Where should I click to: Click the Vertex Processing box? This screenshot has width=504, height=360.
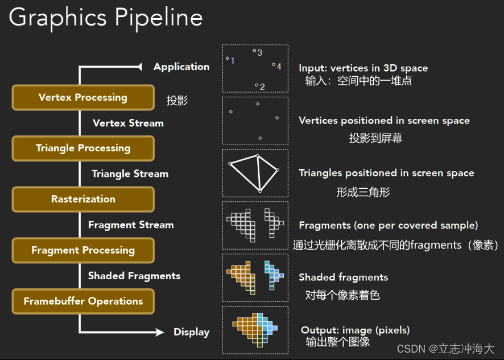(x=83, y=97)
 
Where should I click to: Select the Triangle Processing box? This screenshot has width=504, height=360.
(x=83, y=148)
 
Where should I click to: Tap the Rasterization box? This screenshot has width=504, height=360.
(x=83, y=199)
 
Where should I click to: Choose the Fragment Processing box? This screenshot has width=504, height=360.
(x=83, y=250)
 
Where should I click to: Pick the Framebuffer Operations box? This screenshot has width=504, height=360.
(x=83, y=301)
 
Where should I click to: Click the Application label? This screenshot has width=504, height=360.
(x=181, y=67)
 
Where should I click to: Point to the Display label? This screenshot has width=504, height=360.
(x=191, y=332)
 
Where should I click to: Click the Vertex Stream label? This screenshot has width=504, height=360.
(x=128, y=123)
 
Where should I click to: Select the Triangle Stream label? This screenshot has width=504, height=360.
(x=130, y=174)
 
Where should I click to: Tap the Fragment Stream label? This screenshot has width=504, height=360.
(x=131, y=225)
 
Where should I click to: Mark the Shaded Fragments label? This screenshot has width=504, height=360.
(x=134, y=276)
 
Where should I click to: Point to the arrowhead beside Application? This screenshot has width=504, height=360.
(x=138, y=67)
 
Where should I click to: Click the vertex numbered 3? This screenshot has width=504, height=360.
(x=254, y=51)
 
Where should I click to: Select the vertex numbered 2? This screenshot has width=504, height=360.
(x=257, y=85)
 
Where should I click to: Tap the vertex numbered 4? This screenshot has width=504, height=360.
(x=273, y=65)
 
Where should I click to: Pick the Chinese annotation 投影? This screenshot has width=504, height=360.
(x=177, y=101)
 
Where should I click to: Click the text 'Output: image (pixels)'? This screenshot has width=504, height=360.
(x=355, y=330)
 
